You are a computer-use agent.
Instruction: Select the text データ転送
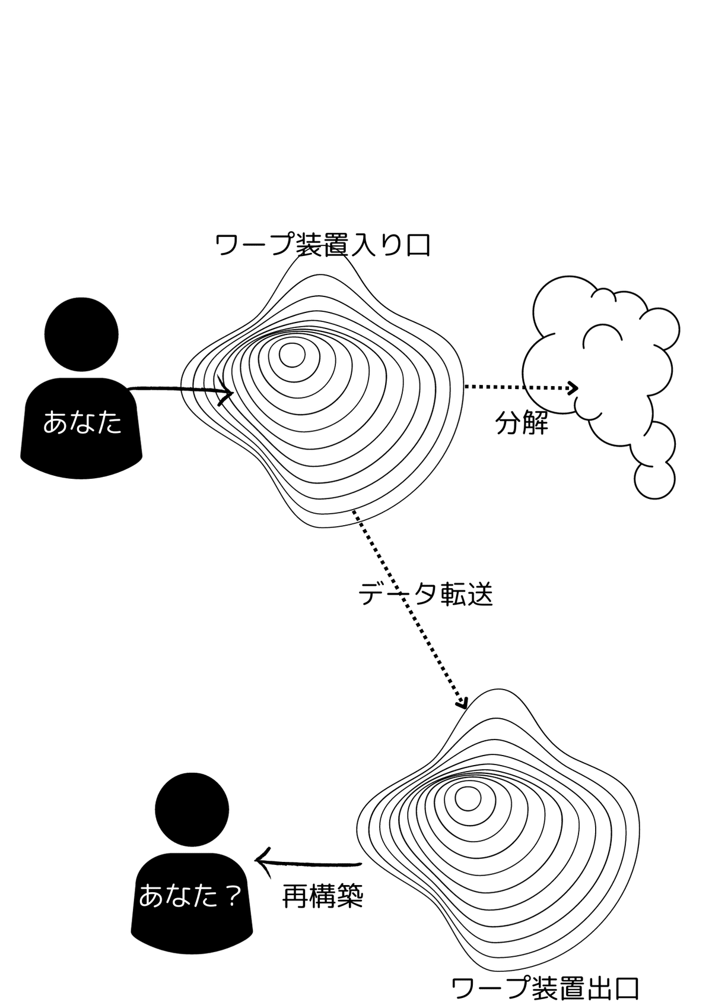click(425, 594)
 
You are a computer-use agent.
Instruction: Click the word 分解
click(522, 424)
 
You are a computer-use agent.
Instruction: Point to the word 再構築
click(322, 896)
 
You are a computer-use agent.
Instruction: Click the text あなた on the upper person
click(82, 424)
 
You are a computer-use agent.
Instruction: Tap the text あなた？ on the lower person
click(190, 896)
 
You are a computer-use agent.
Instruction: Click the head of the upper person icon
click(82, 334)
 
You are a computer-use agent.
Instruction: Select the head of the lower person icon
click(192, 809)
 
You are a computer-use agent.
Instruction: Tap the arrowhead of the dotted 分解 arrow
click(573, 388)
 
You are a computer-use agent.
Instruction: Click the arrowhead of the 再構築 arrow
click(261, 862)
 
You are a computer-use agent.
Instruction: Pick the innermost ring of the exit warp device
click(468, 798)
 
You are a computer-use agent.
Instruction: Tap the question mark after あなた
click(233, 896)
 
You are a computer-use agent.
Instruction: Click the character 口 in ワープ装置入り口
click(418, 245)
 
